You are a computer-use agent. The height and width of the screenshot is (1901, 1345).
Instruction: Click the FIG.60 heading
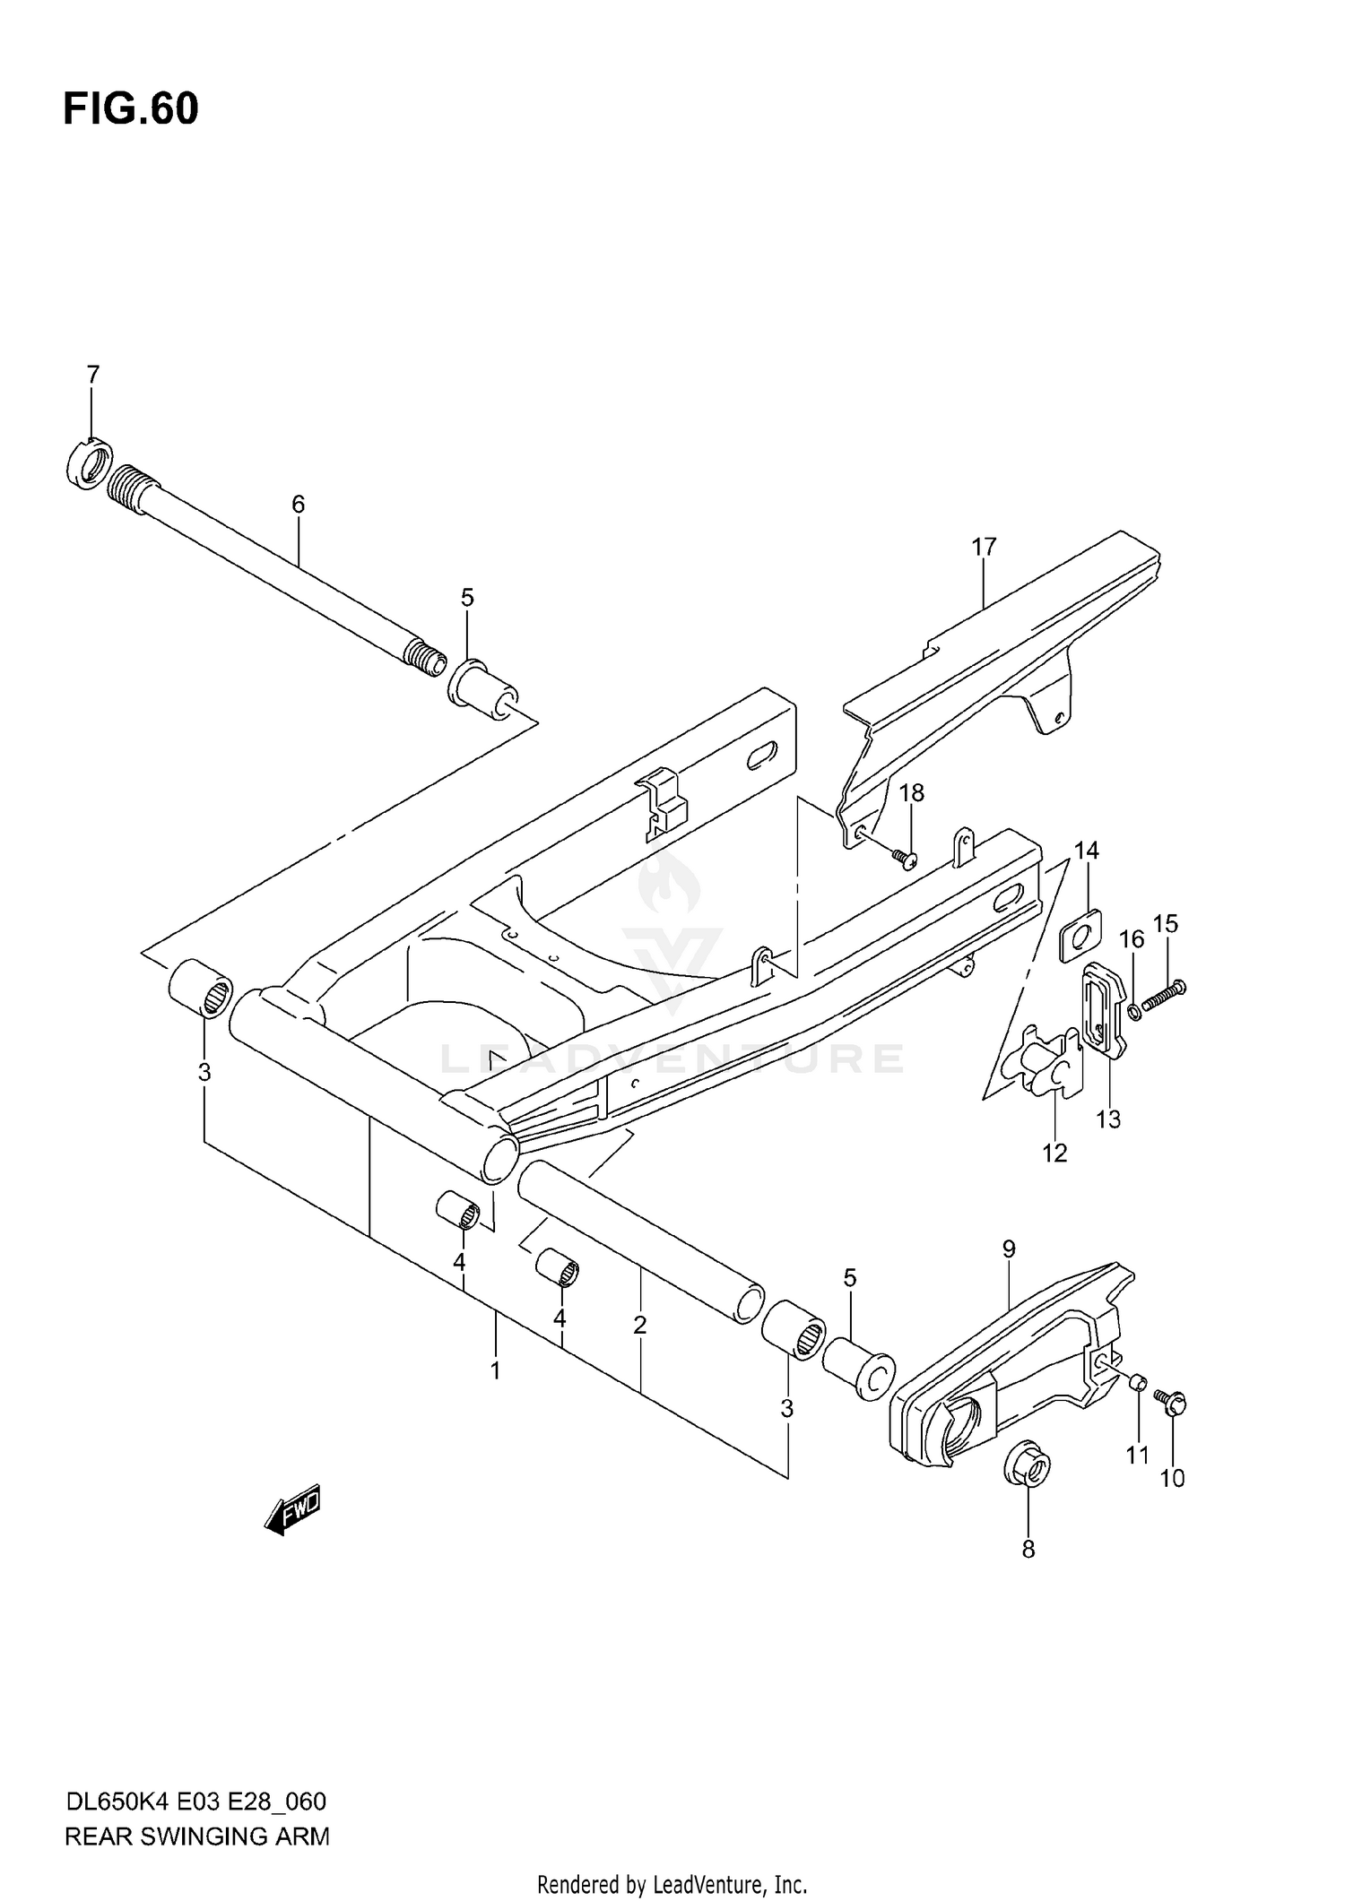click(x=131, y=109)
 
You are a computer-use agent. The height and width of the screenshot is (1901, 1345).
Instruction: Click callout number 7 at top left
click(x=92, y=375)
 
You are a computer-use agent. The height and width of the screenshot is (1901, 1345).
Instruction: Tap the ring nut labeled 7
click(x=89, y=464)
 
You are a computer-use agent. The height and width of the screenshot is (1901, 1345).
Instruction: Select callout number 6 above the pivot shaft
click(x=298, y=504)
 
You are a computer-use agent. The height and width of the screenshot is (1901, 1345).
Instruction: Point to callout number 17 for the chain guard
click(x=983, y=546)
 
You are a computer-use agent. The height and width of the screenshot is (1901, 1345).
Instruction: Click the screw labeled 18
click(x=904, y=859)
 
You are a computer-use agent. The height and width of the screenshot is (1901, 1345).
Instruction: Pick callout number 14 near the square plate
click(x=1086, y=850)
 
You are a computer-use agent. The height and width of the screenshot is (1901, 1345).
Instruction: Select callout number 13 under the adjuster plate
click(x=1108, y=1119)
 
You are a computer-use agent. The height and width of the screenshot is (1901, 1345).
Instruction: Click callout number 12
click(x=1054, y=1154)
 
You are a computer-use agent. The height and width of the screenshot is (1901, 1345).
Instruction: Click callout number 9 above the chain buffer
click(x=1009, y=1249)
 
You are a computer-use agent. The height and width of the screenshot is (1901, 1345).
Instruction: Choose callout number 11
click(x=1137, y=1456)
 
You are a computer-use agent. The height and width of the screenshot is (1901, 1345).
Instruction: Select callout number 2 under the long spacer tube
click(x=639, y=1325)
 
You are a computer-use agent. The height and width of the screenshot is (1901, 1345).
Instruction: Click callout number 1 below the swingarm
click(x=494, y=1370)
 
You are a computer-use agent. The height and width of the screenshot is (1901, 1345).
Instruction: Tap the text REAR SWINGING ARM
click(x=197, y=1836)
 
